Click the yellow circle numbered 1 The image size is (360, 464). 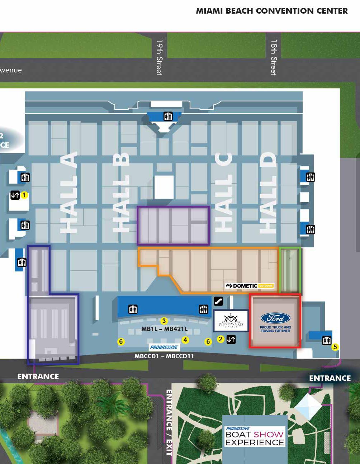(x=24, y=195)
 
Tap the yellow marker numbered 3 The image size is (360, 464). (x=164, y=321)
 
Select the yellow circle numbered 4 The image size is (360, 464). (x=185, y=340)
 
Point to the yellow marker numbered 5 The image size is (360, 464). (x=335, y=347)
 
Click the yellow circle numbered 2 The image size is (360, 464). (x=221, y=339)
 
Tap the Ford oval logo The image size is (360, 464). (x=275, y=318)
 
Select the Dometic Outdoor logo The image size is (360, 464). (x=250, y=286)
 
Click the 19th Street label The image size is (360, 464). (x=159, y=57)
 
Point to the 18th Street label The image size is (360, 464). (x=274, y=57)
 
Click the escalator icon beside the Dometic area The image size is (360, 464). (x=218, y=301)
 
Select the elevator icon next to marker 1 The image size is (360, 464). (x=15, y=195)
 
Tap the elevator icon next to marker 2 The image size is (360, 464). (x=231, y=339)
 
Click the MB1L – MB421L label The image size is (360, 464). (x=164, y=329)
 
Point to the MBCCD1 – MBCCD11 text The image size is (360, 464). (x=164, y=356)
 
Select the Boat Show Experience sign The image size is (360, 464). (x=255, y=436)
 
